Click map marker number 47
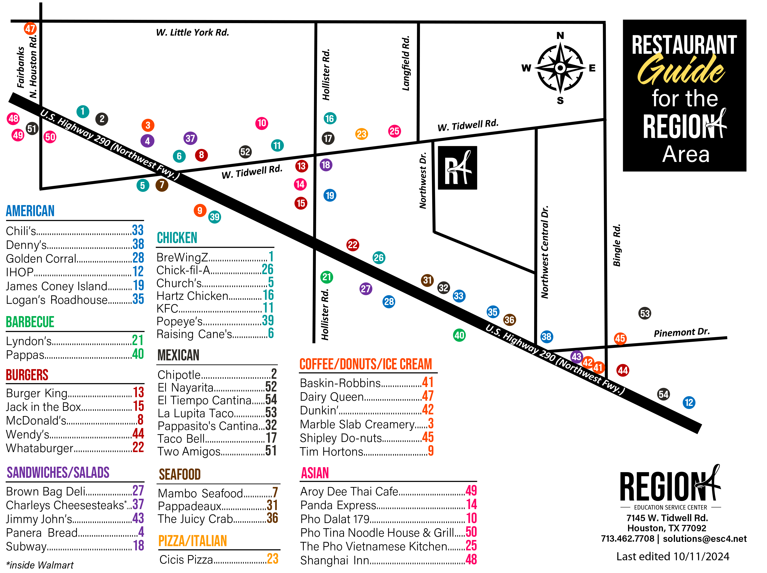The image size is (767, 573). [30, 29]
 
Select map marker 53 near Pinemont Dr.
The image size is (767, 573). [645, 313]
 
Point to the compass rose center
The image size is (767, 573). [560, 68]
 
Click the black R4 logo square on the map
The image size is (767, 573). [457, 168]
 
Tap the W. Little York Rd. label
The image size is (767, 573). [193, 33]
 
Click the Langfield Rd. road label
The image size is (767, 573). [406, 63]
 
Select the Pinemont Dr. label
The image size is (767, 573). [682, 332]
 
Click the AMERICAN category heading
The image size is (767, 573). [30, 211]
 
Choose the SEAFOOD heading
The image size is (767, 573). [180, 474]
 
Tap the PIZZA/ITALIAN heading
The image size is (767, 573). [193, 541]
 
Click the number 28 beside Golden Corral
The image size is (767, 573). [138, 258]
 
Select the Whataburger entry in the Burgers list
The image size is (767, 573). [40, 448]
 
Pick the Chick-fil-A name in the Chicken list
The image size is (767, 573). [183, 270]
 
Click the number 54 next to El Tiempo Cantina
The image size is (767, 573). [271, 400]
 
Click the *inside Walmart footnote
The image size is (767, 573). [40, 565]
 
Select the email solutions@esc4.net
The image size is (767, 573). [704, 539]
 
